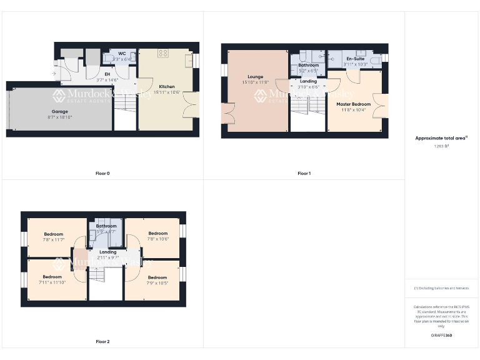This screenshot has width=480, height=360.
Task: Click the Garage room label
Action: [x=60, y=110]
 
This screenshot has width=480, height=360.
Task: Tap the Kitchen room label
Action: [x=167, y=86]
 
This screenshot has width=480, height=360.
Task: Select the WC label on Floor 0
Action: [x=122, y=54]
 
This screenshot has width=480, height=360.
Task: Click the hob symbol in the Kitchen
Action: [x=164, y=54]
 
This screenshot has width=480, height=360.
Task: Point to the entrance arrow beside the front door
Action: [x=56, y=75]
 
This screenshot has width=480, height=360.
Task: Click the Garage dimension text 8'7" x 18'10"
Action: [x=60, y=117]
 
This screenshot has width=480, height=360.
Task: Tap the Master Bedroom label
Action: [x=354, y=104]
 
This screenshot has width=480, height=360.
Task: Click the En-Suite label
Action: [x=355, y=58]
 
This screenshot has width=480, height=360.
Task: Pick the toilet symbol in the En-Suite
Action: [x=375, y=60]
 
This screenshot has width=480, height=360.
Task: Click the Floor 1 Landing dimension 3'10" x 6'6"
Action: [x=309, y=87]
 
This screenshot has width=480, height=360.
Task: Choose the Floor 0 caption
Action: [x=102, y=173]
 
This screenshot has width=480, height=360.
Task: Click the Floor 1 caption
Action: [x=304, y=173]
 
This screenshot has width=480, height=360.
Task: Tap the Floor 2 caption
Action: [x=102, y=342]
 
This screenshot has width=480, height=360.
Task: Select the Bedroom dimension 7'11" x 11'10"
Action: [x=52, y=282]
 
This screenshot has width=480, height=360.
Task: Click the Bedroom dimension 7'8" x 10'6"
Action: [x=157, y=238]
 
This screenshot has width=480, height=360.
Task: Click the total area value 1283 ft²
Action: [x=441, y=146]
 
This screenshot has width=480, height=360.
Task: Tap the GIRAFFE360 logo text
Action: [x=441, y=336]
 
